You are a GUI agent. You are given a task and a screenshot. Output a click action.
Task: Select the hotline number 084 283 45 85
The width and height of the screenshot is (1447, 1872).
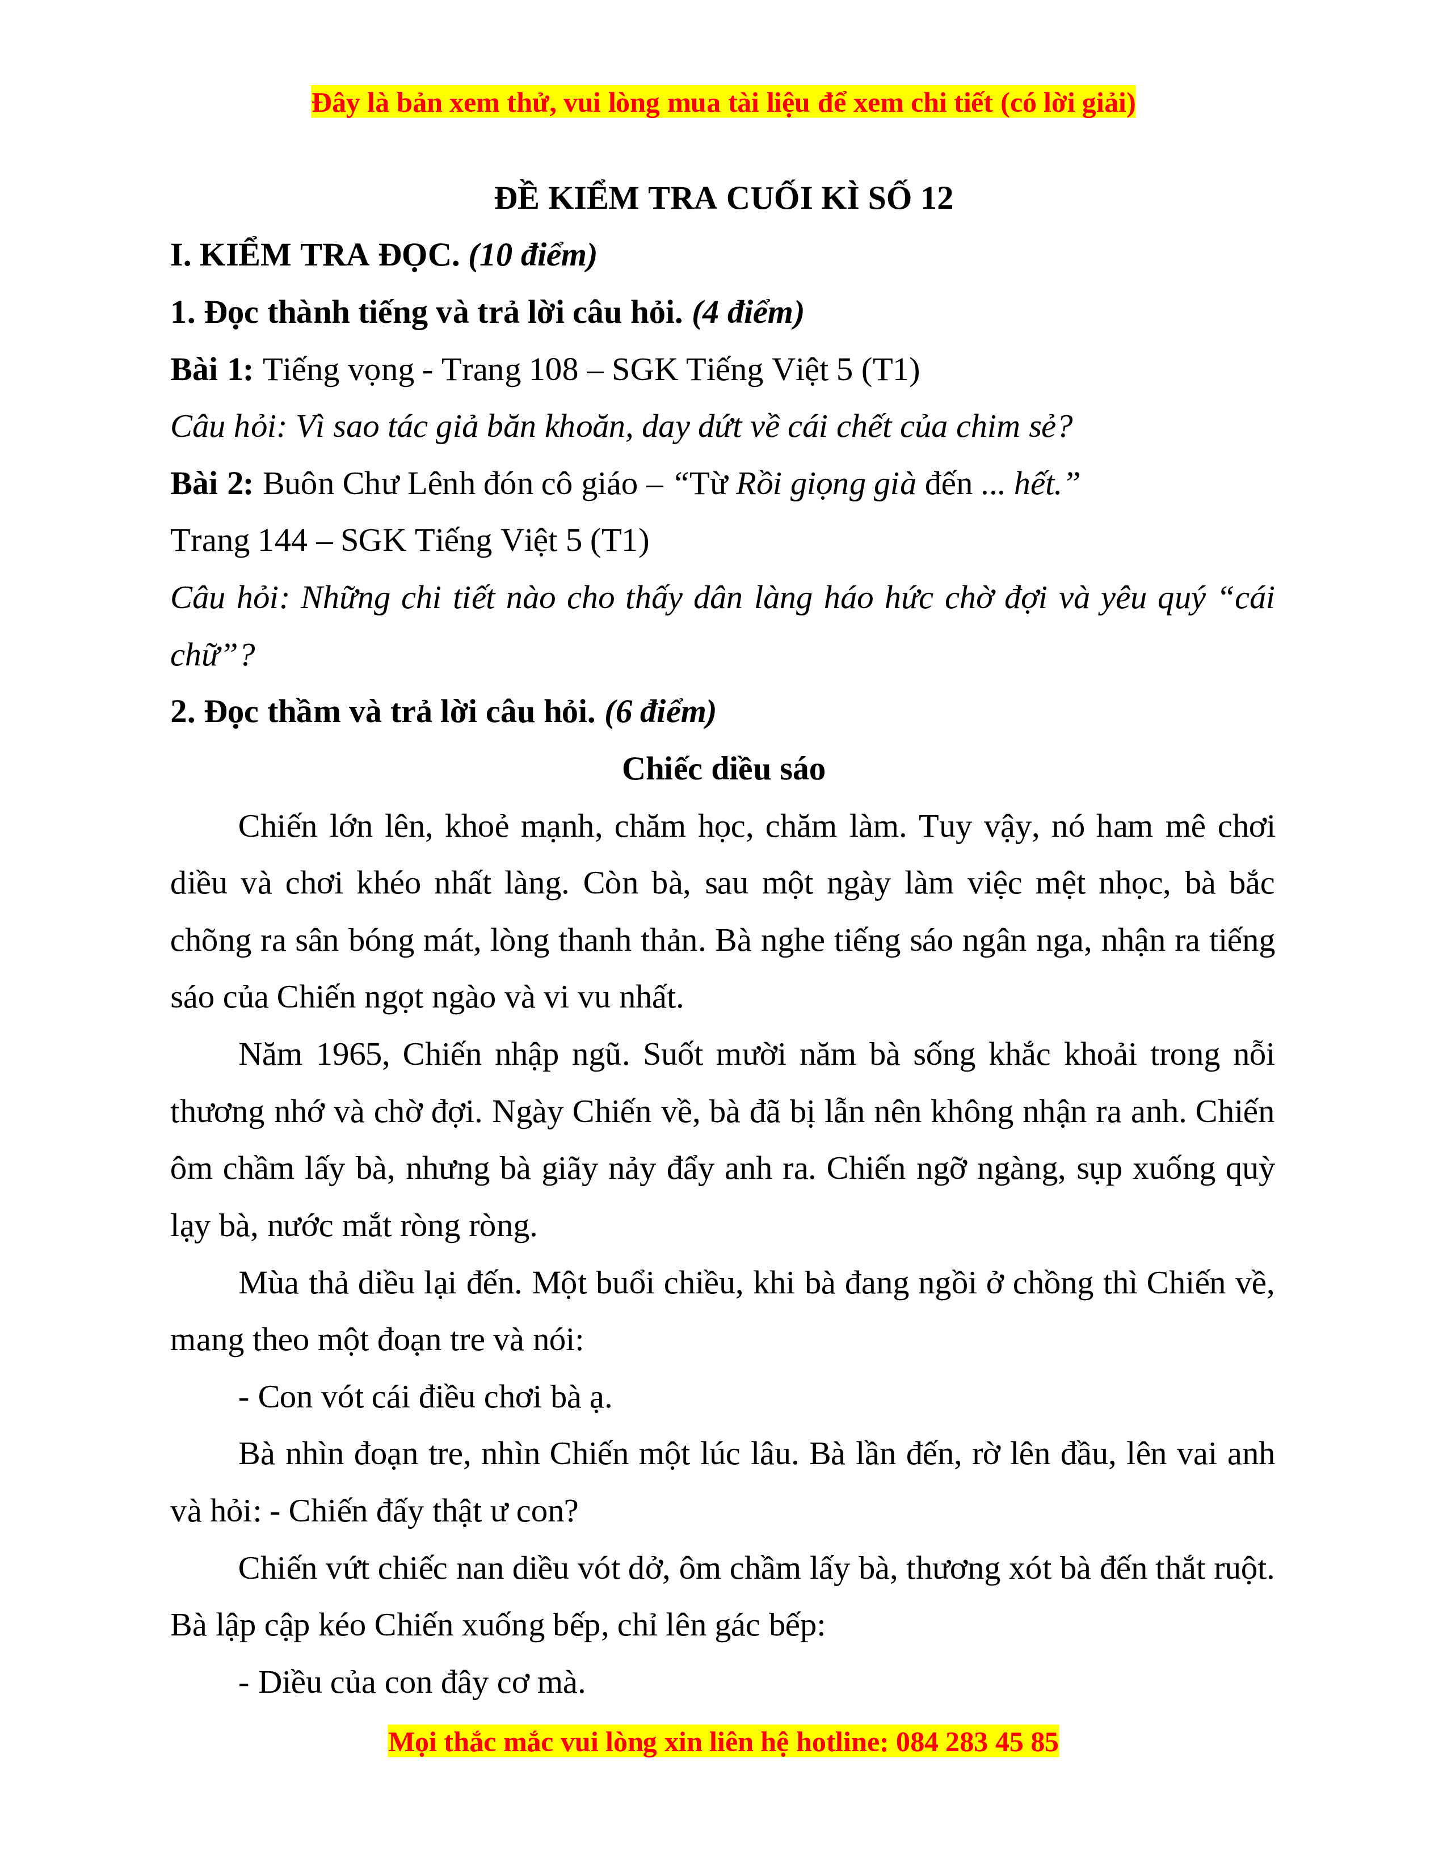[977, 1743]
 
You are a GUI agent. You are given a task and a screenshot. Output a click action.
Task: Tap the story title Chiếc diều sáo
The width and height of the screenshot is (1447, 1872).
[724, 769]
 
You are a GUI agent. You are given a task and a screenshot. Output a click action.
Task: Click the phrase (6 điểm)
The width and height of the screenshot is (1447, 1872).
[660, 711]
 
